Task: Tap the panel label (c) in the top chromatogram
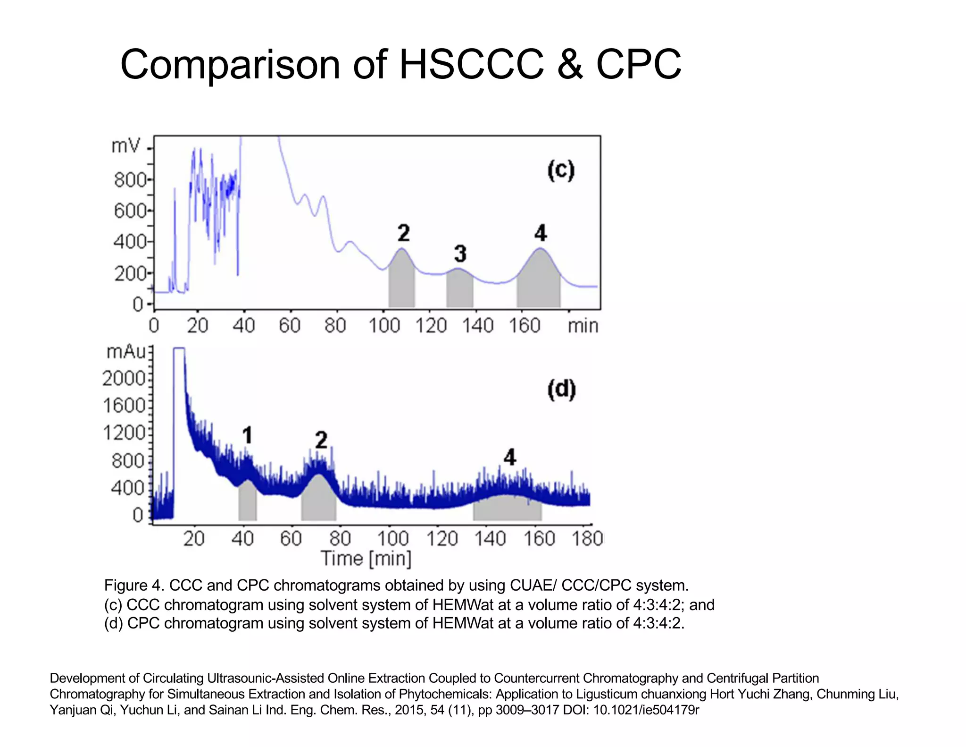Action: click(x=561, y=170)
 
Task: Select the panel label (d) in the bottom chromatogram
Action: click(x=561, y=390)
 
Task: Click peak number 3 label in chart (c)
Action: click(x=460, y=254)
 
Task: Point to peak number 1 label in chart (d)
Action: click(x=247, y=435)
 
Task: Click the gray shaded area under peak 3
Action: click(x=459, y=290)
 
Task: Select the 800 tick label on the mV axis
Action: click(x=130, y=180)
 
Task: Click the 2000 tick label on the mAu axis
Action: click(x=124, y=378)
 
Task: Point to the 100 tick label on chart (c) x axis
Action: click(x=384, y=326)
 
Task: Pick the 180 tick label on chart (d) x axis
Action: click(x=587, y=539)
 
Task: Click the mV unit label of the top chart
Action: click(x=125, y=146)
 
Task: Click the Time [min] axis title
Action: click(x=366, y=559)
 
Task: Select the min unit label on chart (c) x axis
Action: click(x=583, y=326)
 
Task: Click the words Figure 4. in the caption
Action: click(x=133, y=586)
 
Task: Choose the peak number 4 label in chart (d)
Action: click(x=509, y=457)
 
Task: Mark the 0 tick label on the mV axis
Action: click(x=137, y=305)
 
